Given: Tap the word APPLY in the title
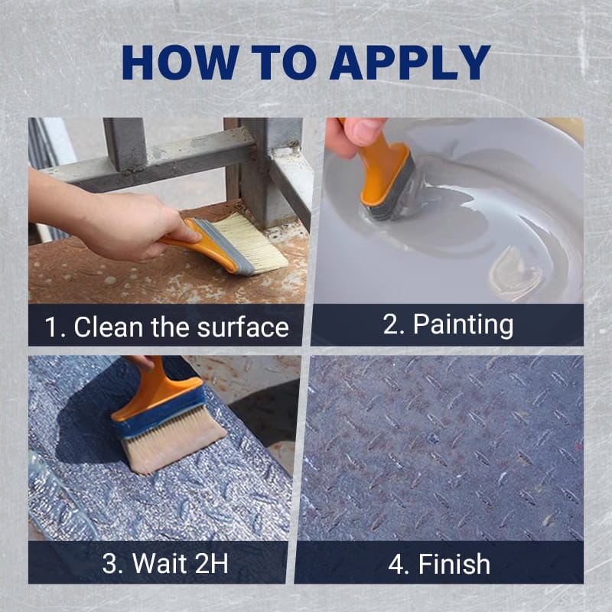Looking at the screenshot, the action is [x=410, y=63].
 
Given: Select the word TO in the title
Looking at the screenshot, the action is [x=283, y=63].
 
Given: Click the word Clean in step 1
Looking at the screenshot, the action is [x=108, y=327].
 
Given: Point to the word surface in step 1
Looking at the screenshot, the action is [x=243, y=327].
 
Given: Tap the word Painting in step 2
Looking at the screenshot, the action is [x=463, y=324].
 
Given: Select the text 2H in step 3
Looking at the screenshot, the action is [x=211, y=563].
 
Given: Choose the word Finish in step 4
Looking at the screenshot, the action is [x=454, y=564].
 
